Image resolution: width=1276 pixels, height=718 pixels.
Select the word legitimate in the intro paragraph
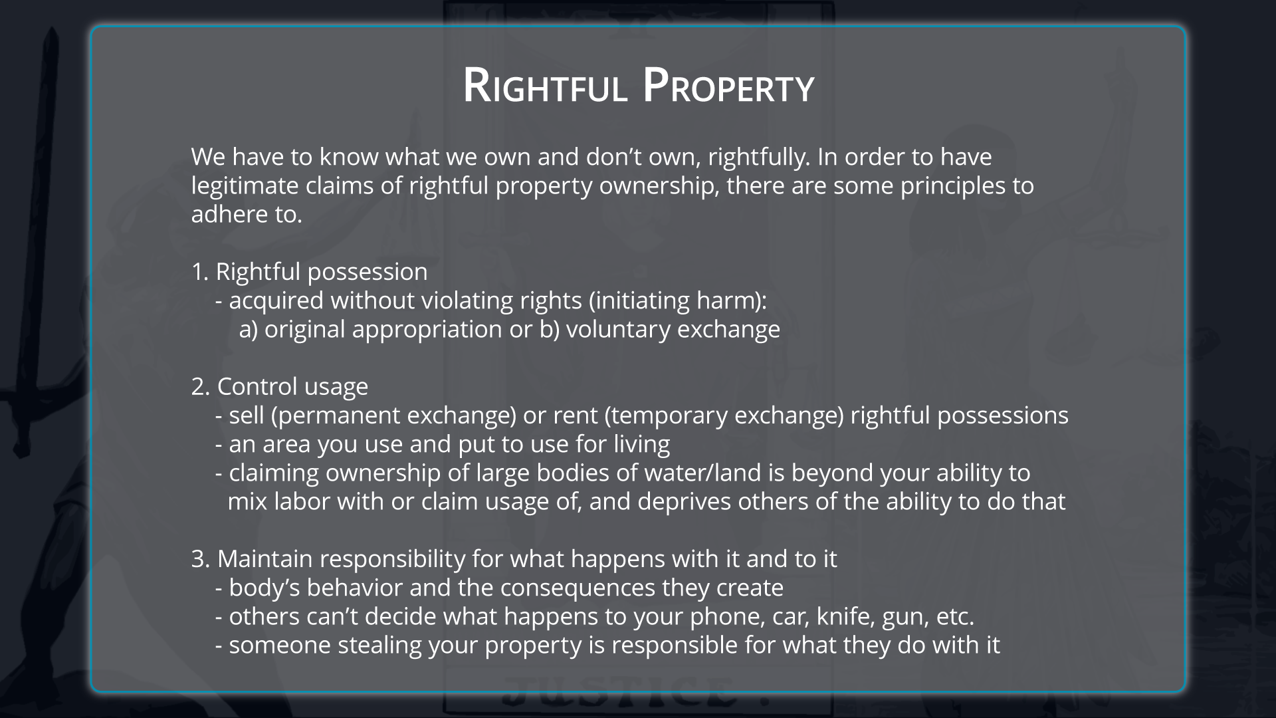click(x=245, y=186)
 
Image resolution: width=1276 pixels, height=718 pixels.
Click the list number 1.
click(x=200, y=272)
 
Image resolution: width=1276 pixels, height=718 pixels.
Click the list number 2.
click(x=201, y=387)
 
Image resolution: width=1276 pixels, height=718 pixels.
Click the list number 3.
click(x=201, y=559)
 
